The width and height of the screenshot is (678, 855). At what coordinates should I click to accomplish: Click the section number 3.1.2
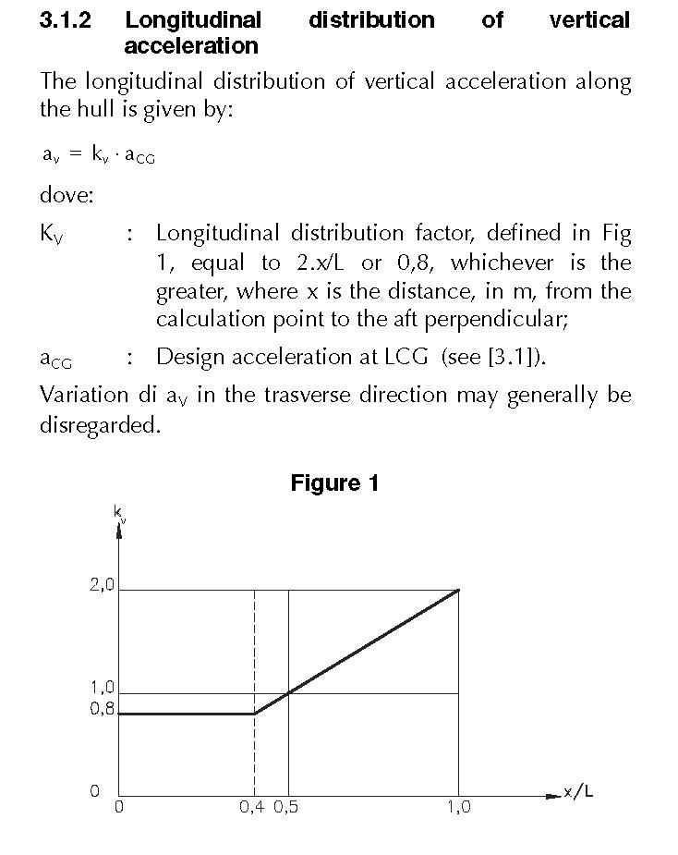pyautogui.click(x=65, y=19)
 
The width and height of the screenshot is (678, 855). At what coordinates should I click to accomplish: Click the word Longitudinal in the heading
pyautogui.click(x=193, y=19)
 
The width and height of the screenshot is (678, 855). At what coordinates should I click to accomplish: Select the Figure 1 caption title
pyautogui.click(x=334, y=482)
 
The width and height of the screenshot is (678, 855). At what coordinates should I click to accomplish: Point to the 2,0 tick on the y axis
pyautogui.click(x=103, y=585)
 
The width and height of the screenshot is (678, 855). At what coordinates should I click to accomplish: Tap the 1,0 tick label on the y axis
pyautogui.click(x=103, y=688)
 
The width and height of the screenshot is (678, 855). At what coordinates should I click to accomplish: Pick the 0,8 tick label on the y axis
pyautogui.click(x=103, y=710)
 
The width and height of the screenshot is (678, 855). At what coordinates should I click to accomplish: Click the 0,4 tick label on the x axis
pyautogui.click(x=251, y=807)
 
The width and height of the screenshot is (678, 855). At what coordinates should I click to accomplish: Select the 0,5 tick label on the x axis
pyautogui.click(x=285, y=807)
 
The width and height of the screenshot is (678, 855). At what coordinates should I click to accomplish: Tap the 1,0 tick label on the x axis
pyautogui.click(x=458, y=807)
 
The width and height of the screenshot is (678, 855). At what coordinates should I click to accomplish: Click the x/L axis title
pyautogui.click(x=578, y=792)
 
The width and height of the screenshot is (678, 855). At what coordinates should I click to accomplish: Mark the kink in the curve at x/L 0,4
pyautogui.click(x=255, y=713)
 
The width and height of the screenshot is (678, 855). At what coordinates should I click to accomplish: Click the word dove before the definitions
pyautogui.click(x=67, y=195)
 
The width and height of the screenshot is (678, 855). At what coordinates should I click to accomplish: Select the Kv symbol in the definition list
pyautogui.click(x=52, y=234)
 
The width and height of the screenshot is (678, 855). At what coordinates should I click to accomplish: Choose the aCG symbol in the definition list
pyautogui.click(x=55, y=359)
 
